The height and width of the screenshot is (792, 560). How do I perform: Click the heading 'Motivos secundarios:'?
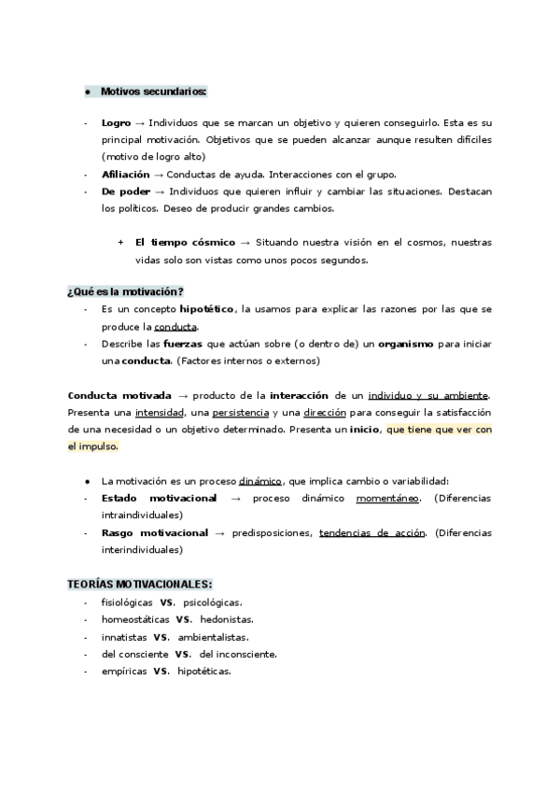click(x=154, y=92)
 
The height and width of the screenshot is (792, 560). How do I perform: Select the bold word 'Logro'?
click(x=116, y=123)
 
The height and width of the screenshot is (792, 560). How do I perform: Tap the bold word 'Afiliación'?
click(x=125, y=174)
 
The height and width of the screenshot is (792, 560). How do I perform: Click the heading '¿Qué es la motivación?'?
click(x=125, y=291)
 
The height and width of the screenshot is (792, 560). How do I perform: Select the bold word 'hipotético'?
click(x=206, y=309)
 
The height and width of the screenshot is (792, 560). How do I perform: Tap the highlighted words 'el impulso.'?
click(x=93, y=446)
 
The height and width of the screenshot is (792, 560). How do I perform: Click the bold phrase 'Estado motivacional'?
click(x=159, y=498)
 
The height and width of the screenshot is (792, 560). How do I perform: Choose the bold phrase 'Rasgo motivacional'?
click(x=154, y=532)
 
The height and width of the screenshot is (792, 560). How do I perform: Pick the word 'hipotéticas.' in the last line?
click(x=203, y=672)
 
